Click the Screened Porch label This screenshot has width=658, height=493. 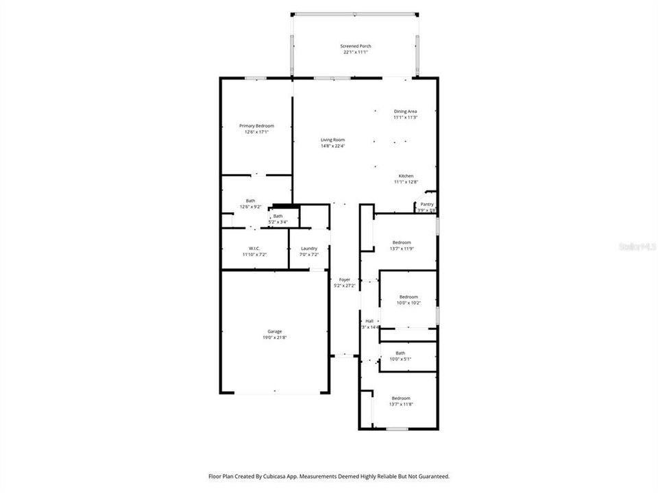tap(356, 47)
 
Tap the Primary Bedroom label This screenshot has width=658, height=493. tap(256, 126)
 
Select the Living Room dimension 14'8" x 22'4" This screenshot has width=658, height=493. tap(333, 146)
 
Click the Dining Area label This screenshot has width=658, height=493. tap(405, 112)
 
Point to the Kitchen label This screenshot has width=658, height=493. tap(406, 176)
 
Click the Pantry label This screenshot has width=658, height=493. tap(426, 204)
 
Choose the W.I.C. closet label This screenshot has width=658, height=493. tap(253, 249)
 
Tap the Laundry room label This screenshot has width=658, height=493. tap(308, 249)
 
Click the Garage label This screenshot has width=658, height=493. tap(274, 331)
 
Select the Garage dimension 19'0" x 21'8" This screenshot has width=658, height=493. tap(274, 338)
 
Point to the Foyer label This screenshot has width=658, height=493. tap(344, 279)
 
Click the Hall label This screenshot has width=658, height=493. tap(369, 321)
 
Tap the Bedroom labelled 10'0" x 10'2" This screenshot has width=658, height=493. tap(409, 296)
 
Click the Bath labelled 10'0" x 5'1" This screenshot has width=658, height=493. tap(400, 353)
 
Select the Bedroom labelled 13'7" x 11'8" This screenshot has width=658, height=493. tap(401, 399)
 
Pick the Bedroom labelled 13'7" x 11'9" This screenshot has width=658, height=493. tap(402, 242)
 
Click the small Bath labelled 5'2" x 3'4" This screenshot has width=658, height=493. tap(278, 216)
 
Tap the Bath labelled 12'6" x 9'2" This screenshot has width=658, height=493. tap(251, 201)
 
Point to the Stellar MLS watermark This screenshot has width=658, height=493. tap(637, 244)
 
